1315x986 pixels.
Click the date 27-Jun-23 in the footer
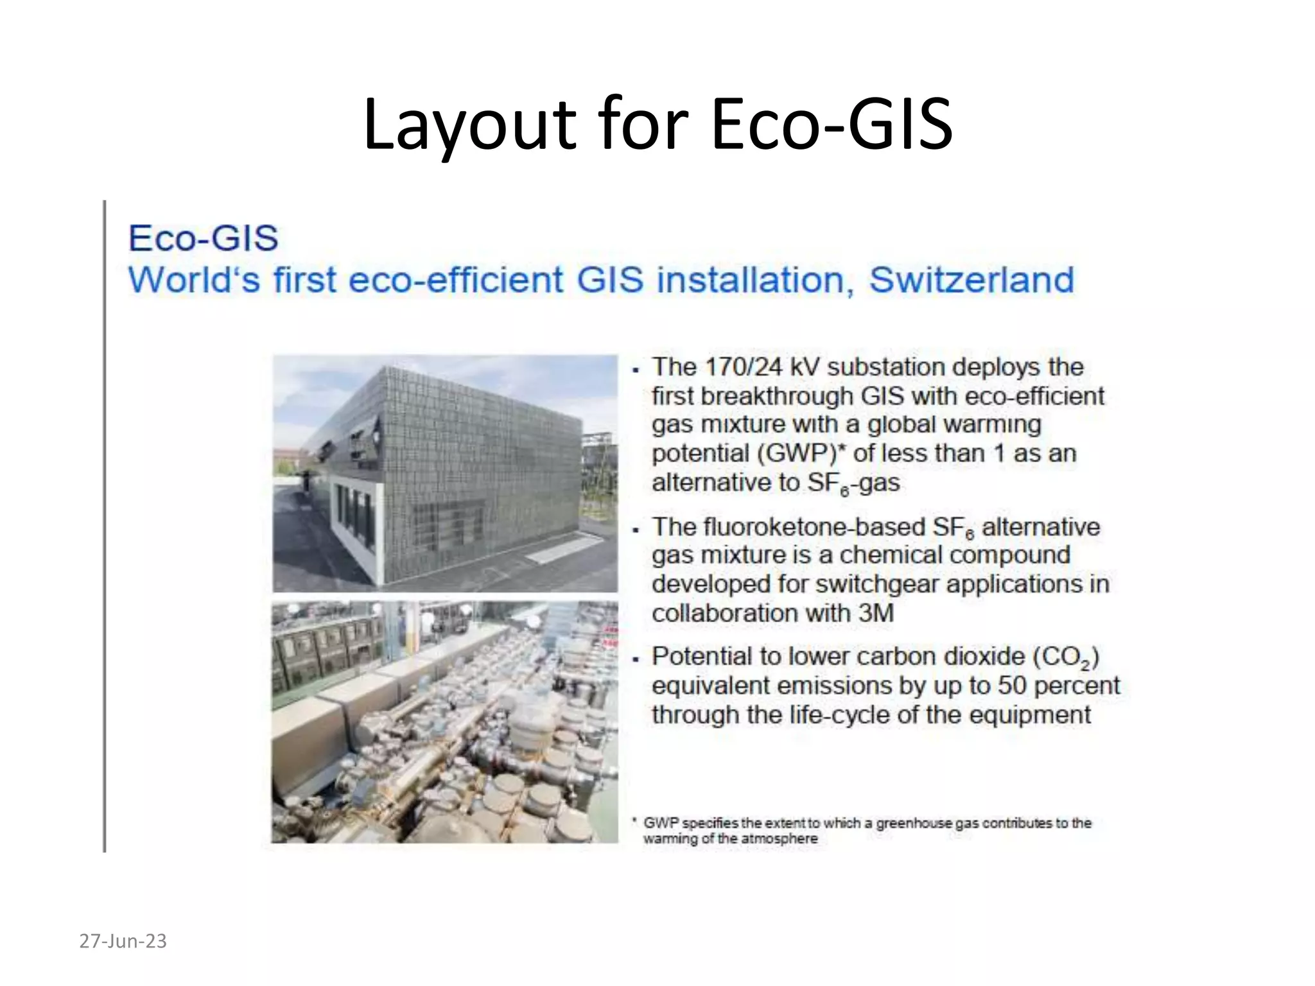point(123,941)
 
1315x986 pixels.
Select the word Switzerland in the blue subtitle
point(971,280)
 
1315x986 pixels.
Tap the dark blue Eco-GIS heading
point(203,238)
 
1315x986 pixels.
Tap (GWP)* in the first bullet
point(801,453)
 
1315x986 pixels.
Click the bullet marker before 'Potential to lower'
point(636,659)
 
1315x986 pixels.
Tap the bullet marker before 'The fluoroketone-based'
point(636,530)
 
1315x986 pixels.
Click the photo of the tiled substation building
point(444,473)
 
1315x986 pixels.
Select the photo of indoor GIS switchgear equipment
point(444,722)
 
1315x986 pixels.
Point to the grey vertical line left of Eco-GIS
point(104,526)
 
